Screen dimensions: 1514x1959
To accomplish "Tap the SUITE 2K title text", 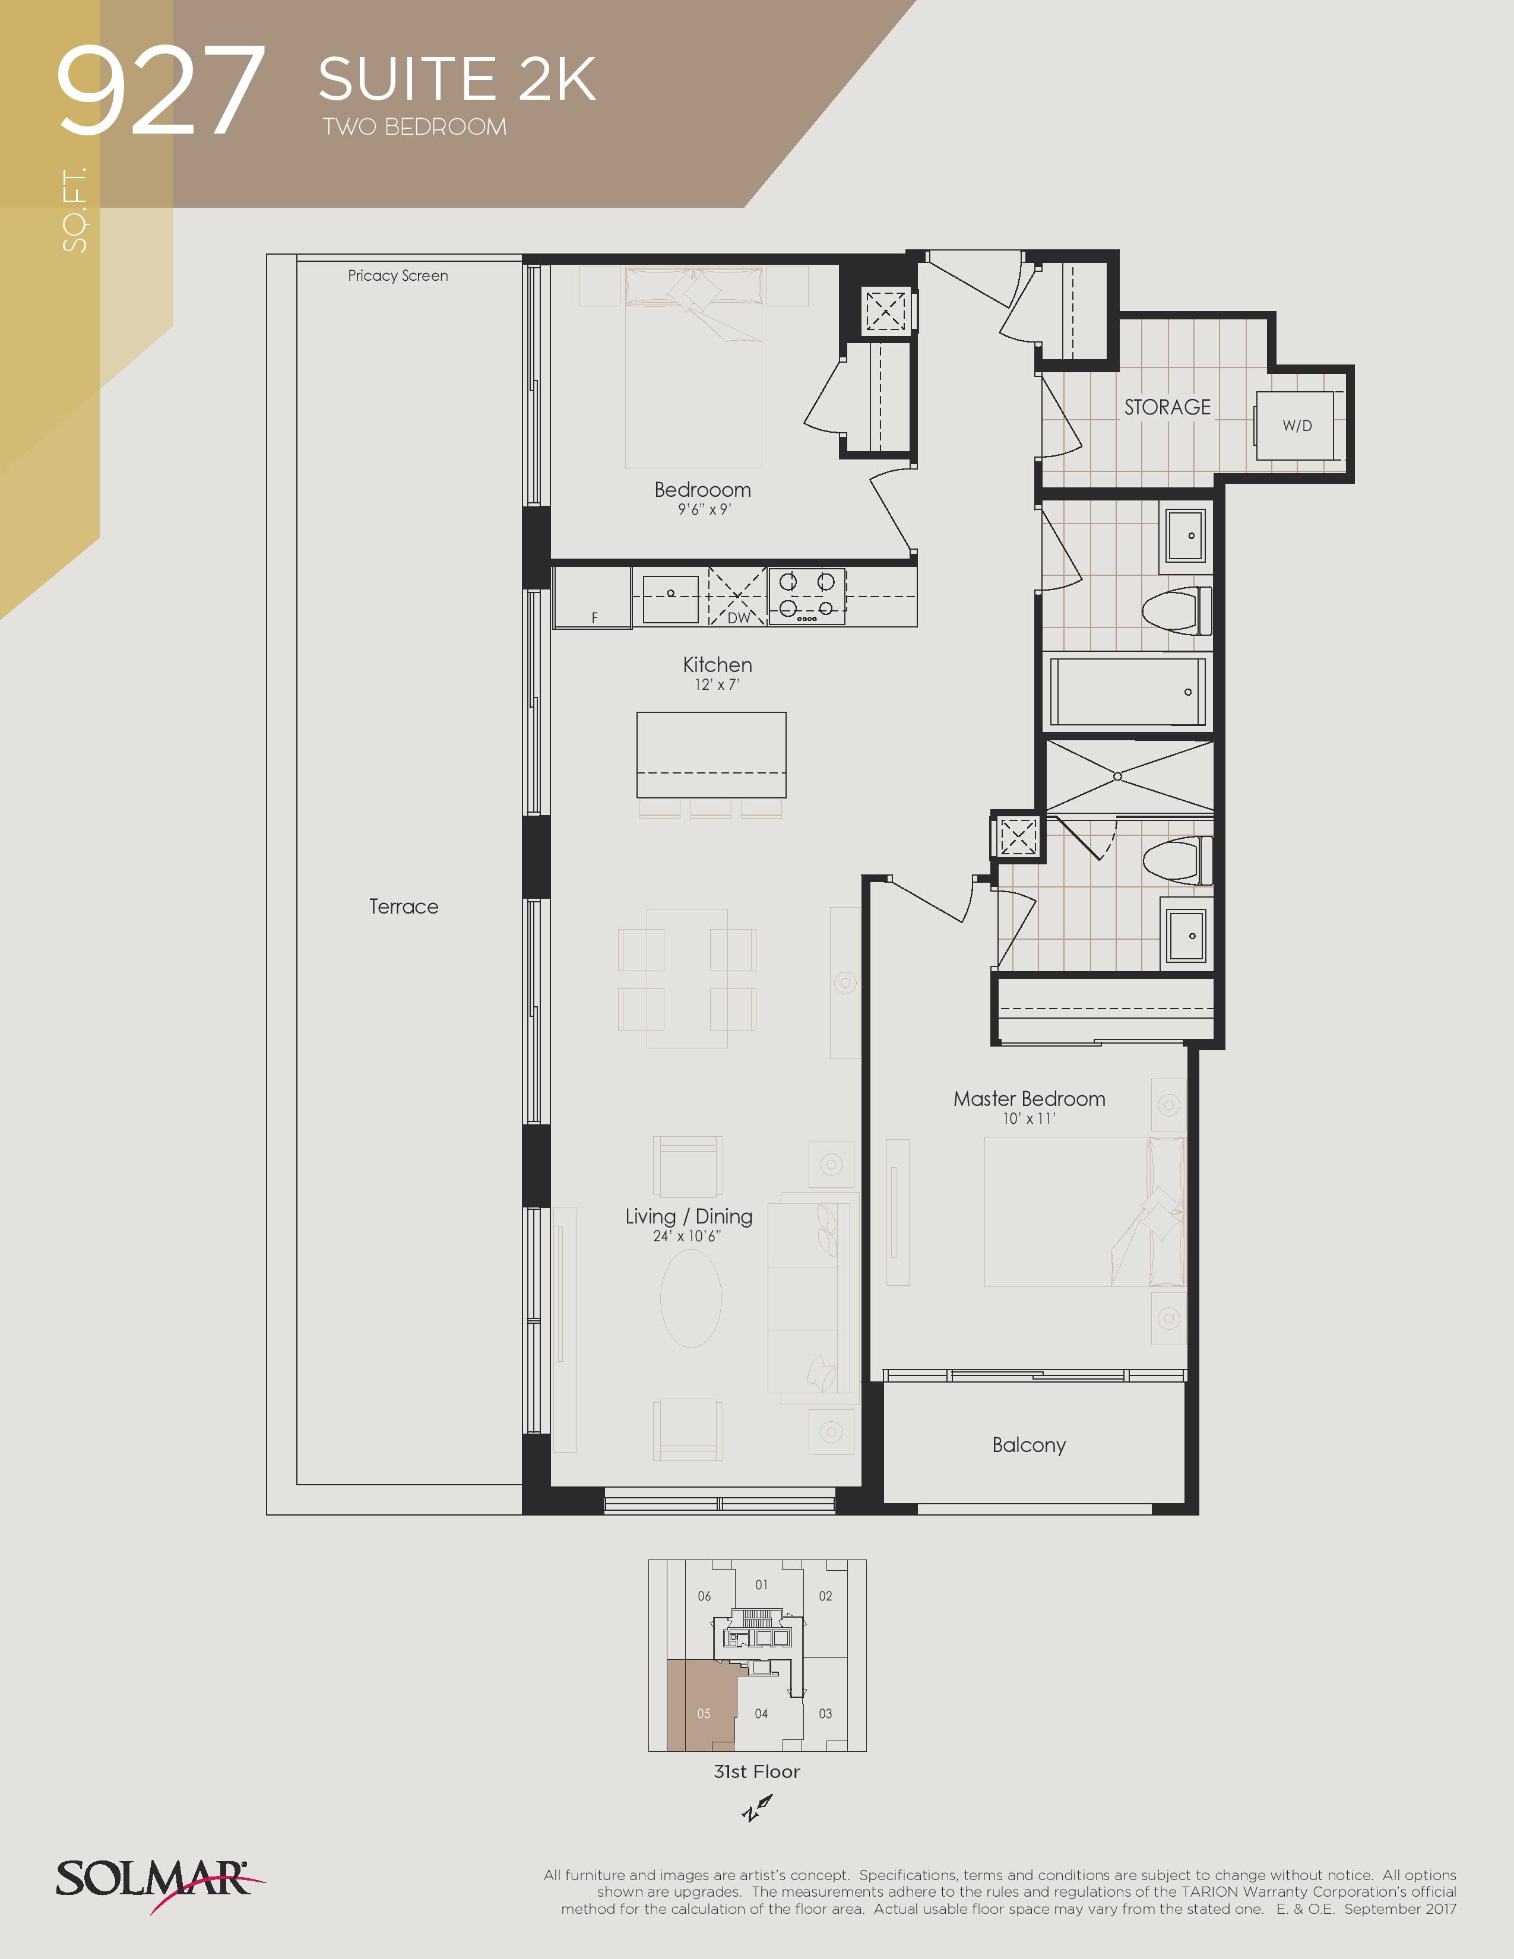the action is click(457, 79).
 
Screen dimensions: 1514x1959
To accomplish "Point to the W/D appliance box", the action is click(1294, 425).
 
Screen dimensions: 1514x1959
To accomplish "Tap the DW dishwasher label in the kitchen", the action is click(738, 617).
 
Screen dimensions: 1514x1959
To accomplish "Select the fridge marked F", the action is click(592, 597).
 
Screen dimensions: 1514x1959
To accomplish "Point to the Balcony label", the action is click(1029, 1445).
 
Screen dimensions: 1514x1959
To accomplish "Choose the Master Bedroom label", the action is click(1029, 1099).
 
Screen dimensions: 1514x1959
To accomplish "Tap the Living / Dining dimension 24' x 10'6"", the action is click(687, 1236).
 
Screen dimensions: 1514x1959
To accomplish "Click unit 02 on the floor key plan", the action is click(825, 1596).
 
